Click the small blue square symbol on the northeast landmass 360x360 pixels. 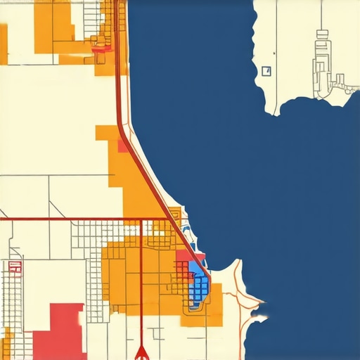coord(266,70)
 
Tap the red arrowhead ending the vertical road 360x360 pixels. coord(141,351)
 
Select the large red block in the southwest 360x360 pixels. coord(59,330)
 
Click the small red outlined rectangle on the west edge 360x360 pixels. coord(13,266)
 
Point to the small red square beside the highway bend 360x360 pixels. coord(123,146)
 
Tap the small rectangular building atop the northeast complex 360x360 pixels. coord(323,33)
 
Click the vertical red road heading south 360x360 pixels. coord(141,295)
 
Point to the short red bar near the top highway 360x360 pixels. coord(103,49)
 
